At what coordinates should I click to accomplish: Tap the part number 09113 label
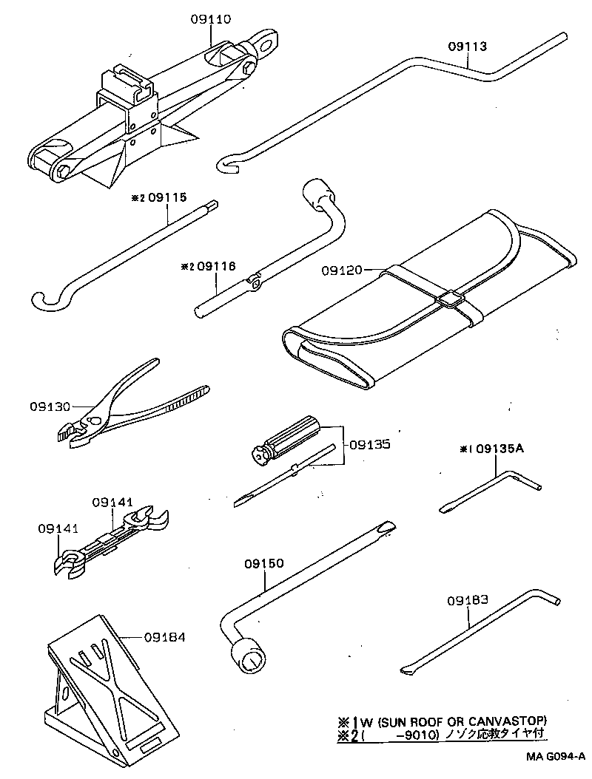pyautogui.click(x=468, y=46)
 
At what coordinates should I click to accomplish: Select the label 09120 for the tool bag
pyautogui.click(x=341, y=271)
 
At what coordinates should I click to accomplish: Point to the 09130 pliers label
pyautogui.click(x=50, y=406)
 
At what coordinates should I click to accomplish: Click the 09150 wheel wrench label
pyautogui.click(x=263, y=564)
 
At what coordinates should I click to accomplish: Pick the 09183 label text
pyautogui.click(x=467, y=600)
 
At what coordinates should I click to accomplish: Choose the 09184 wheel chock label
pyautogui.click(x=165, y=637)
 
